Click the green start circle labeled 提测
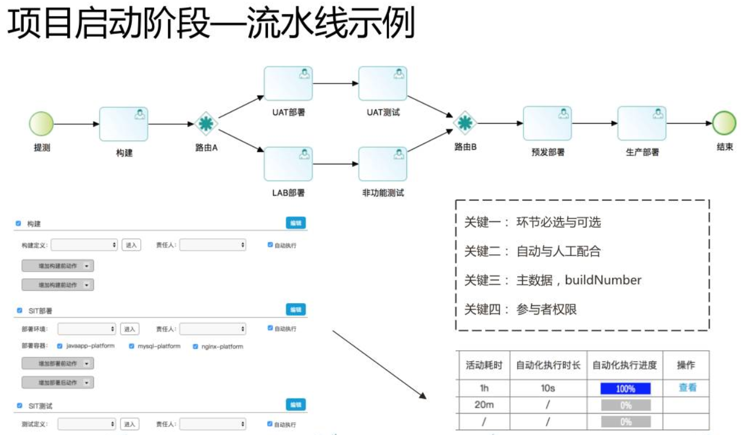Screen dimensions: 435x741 (41, 124)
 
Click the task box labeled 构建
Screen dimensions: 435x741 (124, 124)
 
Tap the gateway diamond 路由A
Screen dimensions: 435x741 (205, 124)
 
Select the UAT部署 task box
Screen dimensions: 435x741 (288, 84)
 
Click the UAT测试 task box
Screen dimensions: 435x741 (383, 84)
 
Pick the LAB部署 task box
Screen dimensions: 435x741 (288, 164)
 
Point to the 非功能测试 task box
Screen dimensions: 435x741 (383, 164)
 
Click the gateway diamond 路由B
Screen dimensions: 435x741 (464, 123)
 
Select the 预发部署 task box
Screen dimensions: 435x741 (547, 123)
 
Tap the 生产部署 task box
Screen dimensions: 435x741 (641, 123)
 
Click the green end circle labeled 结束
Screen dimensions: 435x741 (724, 123)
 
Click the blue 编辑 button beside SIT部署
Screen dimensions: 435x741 (296, 310)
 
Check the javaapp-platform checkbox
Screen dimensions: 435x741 (60, 346)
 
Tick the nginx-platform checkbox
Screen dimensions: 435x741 (195, 346)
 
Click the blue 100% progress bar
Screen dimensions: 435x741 (626, 388)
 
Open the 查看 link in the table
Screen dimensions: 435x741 (687, 387)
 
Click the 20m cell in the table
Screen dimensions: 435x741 (484, 405)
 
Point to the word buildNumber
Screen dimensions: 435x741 (603, 280)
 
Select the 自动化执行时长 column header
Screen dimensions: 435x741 (548, 365)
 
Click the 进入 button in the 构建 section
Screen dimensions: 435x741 (131, 245)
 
